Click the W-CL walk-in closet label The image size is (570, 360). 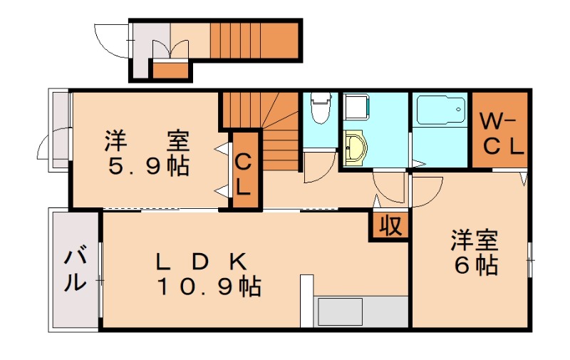501,133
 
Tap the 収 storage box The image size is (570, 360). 388,226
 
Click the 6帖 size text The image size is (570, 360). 476,265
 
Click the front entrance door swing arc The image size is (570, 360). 112,39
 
